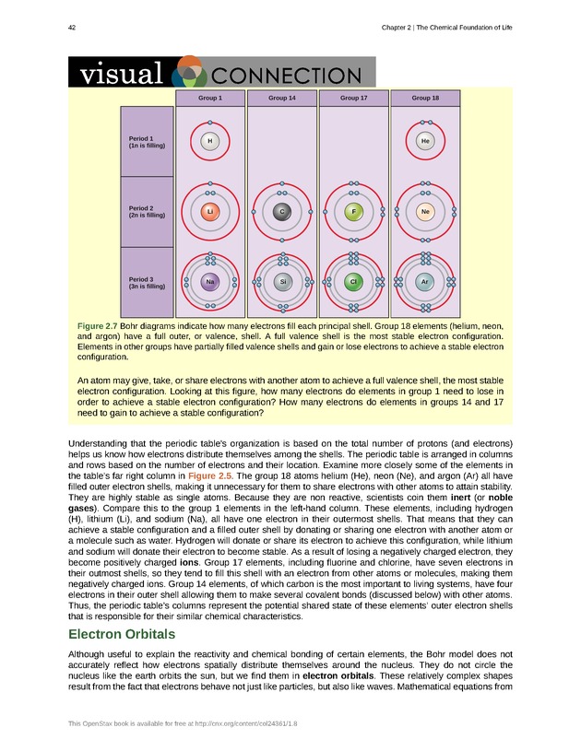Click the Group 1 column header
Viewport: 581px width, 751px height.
click(210, 97)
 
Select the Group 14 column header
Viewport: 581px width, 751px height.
click(282, 97)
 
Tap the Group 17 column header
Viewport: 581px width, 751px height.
click(353, 97)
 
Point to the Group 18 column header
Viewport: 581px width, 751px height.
click(425, 97)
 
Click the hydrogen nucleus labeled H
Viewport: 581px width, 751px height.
click(210, 141)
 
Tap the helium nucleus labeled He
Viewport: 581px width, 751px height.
click(425, 141)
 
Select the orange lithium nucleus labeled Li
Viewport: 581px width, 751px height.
click(210, 212)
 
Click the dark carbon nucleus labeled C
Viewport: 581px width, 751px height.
click(282, 212)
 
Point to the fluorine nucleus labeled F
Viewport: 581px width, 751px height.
click(353, 212)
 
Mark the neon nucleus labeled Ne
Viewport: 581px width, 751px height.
click(425, 212)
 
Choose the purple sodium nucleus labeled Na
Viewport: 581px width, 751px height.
click(210, 281)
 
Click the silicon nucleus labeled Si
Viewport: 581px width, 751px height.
click(282, 281)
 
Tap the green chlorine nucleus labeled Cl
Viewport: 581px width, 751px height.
click(353, 281)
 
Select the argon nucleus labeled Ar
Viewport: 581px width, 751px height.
click(425, 281)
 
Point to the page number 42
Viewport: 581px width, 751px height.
click(72, 28)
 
